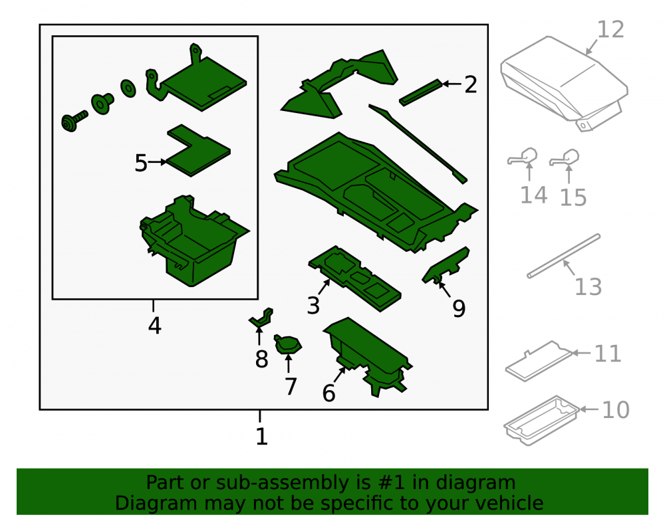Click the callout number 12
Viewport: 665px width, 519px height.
click(x=610, y=30)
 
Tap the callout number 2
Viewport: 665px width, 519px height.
click(x=471, y=85)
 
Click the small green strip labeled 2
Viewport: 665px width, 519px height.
click(x=421, y=92)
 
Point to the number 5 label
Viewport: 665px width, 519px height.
click(x=141, y=163)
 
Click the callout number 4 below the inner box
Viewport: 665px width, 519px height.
click(x=155, y=326)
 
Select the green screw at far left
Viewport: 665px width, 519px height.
click(x=74, y=122)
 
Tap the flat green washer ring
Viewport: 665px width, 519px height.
click(x=128, y=88)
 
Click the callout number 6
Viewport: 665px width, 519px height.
click(x=329, y=393)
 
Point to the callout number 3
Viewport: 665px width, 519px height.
click(x=313, y=305)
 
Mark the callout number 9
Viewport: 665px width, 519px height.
click(x=459, y=308)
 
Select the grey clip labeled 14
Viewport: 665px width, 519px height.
click(x=523, y=157)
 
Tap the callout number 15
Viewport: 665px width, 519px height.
click(x=573, y=197)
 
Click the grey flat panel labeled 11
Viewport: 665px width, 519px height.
click(x=539, y=361)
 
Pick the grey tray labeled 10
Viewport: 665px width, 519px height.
click(x=541, y=420)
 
